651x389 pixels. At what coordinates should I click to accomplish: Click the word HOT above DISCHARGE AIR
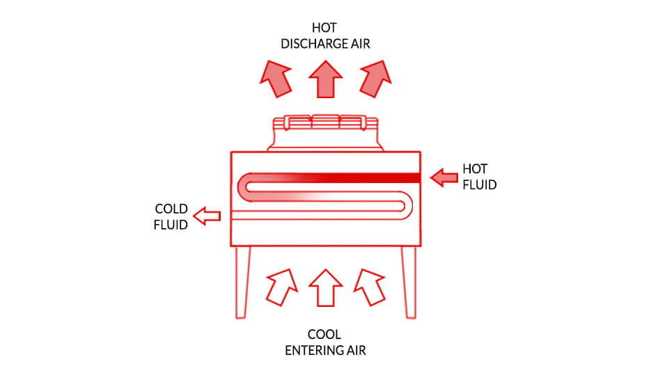[x=324, y=28]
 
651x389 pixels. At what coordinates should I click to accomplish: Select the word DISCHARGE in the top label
[x=315, y=44]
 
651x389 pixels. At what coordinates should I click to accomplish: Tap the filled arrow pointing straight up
[x=326, y=79]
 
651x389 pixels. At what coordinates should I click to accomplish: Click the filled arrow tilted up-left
[x=276, y=79]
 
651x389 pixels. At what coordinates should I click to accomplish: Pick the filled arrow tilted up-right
[x=375, y=79]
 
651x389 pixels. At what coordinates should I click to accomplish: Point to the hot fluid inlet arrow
[x=444, y=177]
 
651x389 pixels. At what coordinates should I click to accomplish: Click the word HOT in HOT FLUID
[x=475, y=169]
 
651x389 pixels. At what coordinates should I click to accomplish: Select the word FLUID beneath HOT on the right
[x=480, y=184]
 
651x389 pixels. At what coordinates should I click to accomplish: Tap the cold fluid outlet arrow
[x=207, y=216]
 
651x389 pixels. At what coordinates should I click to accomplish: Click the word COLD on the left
[x=171, y=208]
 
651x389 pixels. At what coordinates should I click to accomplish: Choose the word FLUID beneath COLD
[x=171, y=225]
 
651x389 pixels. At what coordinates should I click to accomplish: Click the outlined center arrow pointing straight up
[x=326, y=287]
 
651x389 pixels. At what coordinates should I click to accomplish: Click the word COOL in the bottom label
[x=324, y=334]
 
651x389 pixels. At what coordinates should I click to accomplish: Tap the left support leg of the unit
[x=242, y=283]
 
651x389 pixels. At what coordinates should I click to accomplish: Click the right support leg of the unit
[x=409, y=283]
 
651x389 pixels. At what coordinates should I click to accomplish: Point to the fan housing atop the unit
[x=326, y=133]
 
